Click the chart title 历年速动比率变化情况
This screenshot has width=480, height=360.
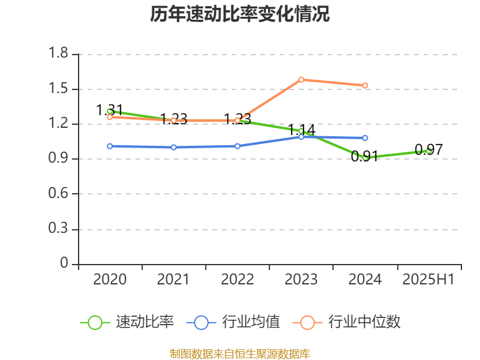239,14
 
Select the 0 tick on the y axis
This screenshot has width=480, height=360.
65,264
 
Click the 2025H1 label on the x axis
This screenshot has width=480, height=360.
428,280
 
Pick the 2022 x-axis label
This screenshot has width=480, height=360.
238,280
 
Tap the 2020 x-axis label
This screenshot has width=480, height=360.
110,280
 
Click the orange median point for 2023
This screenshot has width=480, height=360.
301,79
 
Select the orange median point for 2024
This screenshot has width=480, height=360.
365,85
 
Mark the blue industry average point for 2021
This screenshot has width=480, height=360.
173,147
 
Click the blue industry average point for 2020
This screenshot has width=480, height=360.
110,146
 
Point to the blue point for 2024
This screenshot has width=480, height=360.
365,138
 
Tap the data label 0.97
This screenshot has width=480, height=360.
428,150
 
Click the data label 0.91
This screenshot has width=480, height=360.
365,157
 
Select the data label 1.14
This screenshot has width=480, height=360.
301,130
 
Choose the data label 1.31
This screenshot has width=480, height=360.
110,110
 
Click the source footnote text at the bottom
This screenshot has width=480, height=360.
239,353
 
